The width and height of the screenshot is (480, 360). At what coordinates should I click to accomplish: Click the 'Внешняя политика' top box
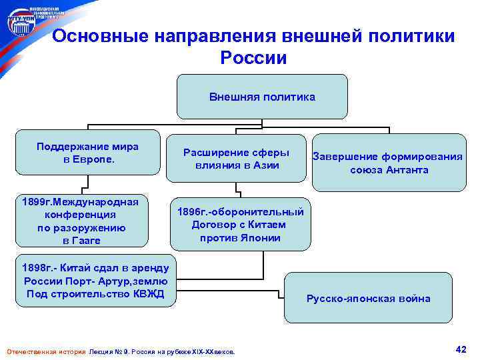262,97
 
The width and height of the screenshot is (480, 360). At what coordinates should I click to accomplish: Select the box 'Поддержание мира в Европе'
89,153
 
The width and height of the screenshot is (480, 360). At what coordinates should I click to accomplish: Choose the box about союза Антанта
389,163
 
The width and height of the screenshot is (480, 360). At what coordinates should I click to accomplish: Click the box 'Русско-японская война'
368,299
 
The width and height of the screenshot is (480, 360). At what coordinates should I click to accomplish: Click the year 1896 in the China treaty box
193,211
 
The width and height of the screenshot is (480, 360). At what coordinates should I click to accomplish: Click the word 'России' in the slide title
253,58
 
